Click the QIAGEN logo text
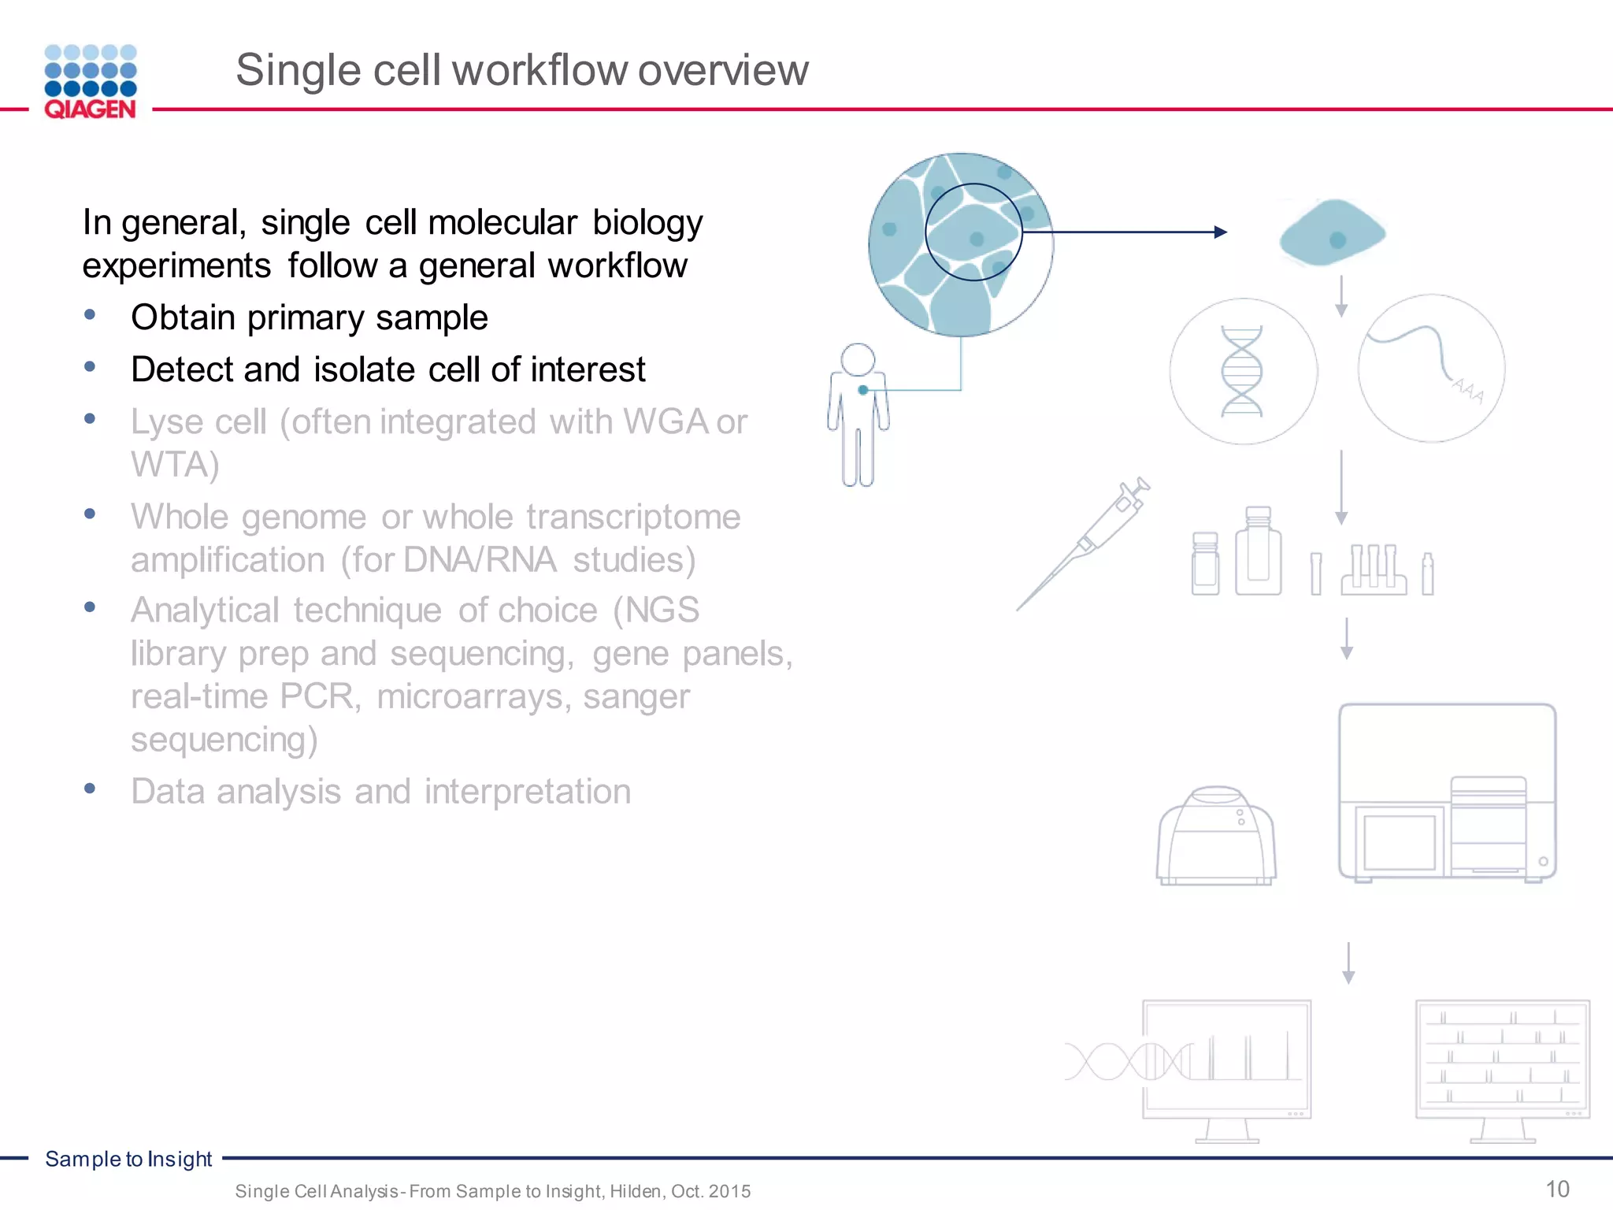point(90,109)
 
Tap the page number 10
point(1557,1189)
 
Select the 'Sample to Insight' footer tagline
point(128,1159)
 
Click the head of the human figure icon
point(858,359)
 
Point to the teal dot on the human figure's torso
point(863,390)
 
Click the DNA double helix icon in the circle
point(1242,371)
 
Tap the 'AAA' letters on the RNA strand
point(1468,390)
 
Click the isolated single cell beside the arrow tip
point(1332,233)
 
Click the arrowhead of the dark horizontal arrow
point(1221,232)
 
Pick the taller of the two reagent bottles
point(1258,551)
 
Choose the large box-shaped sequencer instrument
point(1447,792)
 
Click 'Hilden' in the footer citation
point(636,1191)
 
